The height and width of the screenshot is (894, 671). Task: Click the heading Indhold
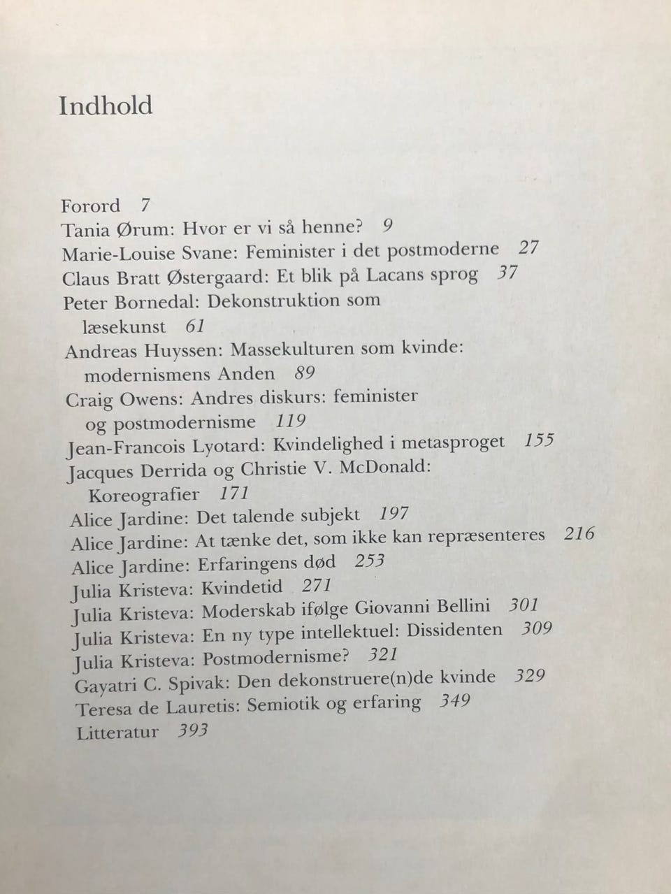pyautogui.click(x=106, y=106)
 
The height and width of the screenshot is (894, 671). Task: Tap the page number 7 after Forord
pyautogui.click(x=145, y=206)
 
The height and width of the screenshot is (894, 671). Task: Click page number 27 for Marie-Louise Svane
pyautogui.click(x=529, y=247)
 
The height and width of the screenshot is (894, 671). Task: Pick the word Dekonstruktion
pyautogui.click(x=294, y=301)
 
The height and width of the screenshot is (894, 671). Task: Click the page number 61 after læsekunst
pyautogui.click(x=195, y=326)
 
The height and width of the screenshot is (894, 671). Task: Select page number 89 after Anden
pyautogui.click(x=305, y=373)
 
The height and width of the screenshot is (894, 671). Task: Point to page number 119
pyautogui.click(x=291, y=421)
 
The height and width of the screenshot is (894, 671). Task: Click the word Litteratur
pyautogui.click(x=117, y=733)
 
